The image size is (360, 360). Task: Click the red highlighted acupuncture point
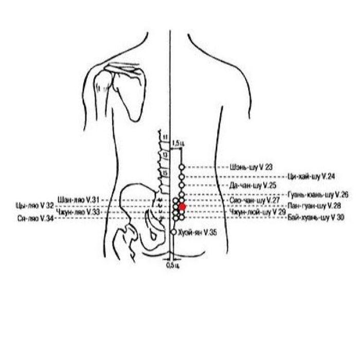(x=182, y=206)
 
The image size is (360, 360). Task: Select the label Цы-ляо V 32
(x=35, y=205)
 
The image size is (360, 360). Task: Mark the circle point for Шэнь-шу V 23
(x=181, y=168)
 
